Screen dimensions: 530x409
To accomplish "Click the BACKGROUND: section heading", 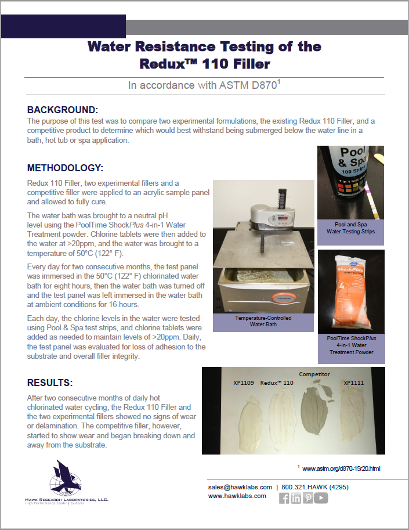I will click(63, 110).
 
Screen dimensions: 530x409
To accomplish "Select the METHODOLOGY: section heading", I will click(65, 168).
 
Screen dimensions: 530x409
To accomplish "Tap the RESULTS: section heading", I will click(50, 383).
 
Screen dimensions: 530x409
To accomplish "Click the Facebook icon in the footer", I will click(284, 498).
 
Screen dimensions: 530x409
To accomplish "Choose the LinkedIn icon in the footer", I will click(296, 498).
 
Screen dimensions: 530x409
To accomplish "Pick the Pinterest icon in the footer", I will click(308, 498).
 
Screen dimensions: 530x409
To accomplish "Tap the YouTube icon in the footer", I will click(321, 498).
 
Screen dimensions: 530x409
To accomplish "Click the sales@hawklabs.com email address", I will click(240, 486).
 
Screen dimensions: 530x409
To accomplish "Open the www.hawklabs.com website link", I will click(237, 496).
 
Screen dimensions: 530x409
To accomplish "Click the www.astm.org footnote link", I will click(341, 468).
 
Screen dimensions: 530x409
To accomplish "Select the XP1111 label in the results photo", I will click(353, 383).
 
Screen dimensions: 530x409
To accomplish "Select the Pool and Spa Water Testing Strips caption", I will click(350, 228).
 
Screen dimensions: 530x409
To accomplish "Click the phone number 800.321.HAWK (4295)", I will click(314, 486).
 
